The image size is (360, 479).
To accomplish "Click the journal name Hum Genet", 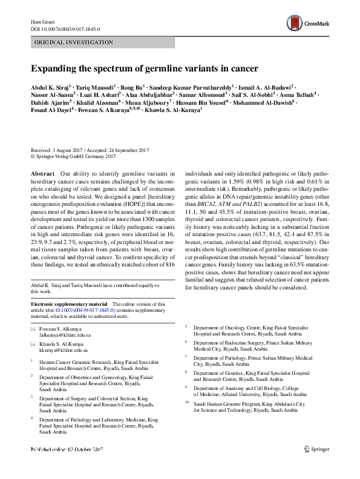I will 42,22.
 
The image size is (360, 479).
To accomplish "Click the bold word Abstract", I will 42,173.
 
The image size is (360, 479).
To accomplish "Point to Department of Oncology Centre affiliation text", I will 249,327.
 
